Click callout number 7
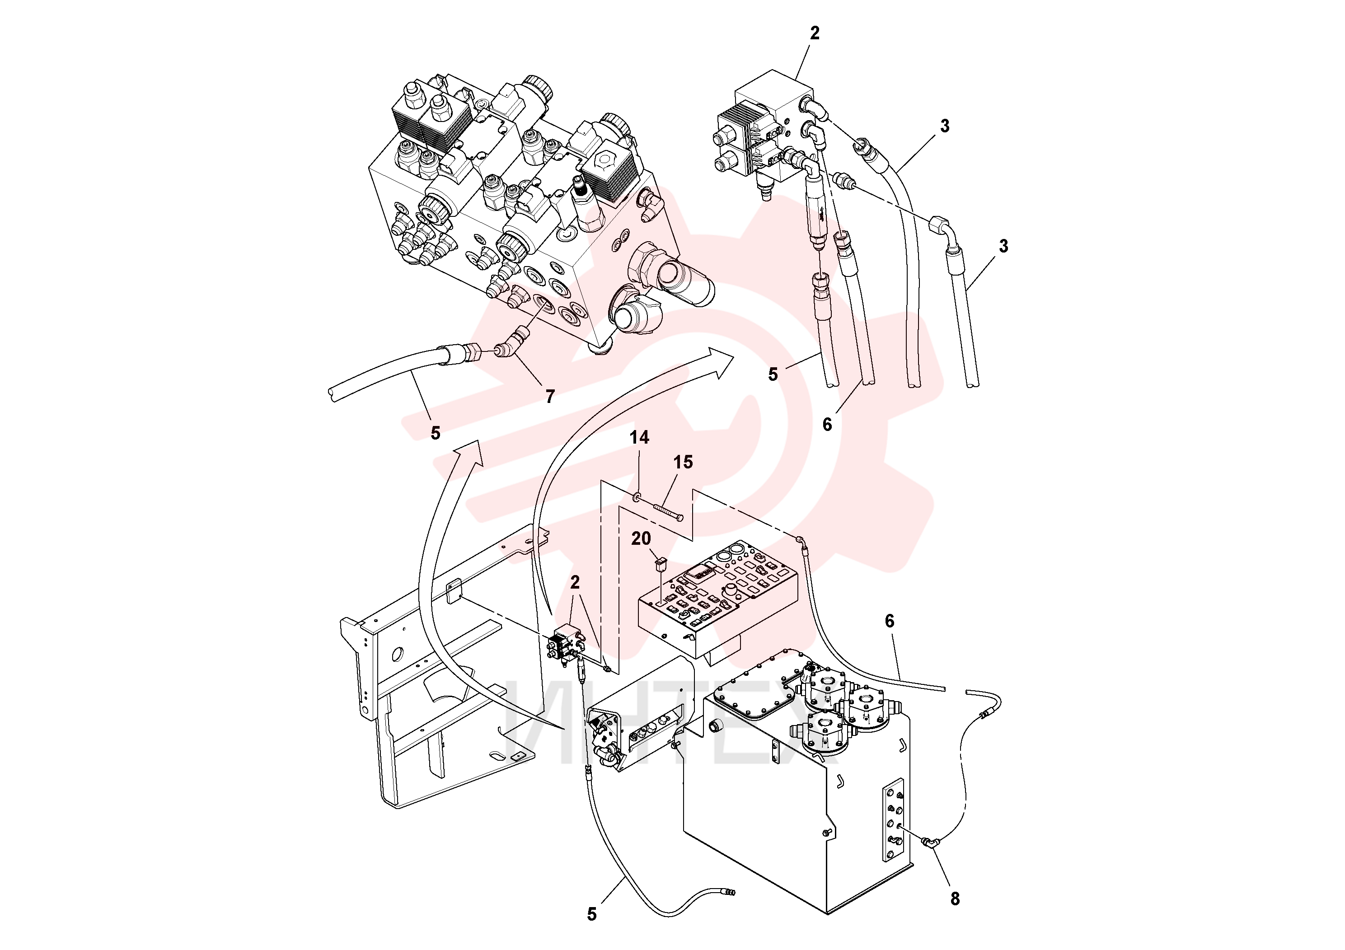pos(549,397)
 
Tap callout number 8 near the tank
pos(955,899)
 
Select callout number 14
pos(639,438)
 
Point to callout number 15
pos(683,462)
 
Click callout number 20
pos(641,538)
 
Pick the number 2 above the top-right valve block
pos(814,33)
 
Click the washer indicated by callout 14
pos(636,497)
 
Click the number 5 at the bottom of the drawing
pos(592,914)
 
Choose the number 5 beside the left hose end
pos(435,433)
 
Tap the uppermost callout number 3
pos(944,125)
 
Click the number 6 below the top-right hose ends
pos(827,425)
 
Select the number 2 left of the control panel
pos(575,581)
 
